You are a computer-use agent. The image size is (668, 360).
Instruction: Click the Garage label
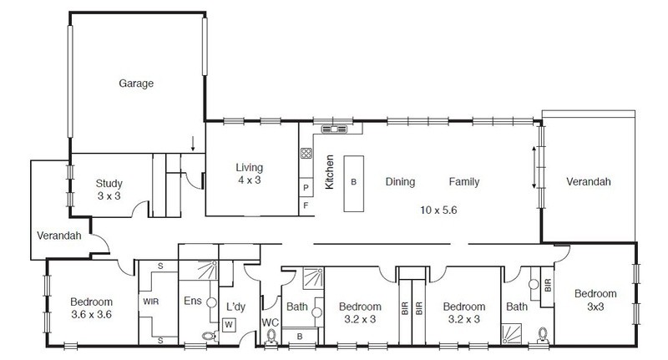pos(136,83)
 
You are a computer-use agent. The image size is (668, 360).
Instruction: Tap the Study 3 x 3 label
pos(109,190)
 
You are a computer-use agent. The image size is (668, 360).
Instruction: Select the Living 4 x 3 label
pos(249,174)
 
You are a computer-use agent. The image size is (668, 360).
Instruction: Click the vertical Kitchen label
pos(329,172)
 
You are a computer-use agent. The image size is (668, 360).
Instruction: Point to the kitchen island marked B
pos(353,184)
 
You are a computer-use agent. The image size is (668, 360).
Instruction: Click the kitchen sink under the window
pos(334,129)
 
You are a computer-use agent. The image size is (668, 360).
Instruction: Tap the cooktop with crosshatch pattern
pos(306,153)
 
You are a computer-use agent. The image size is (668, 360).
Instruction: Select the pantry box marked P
pos(306,187)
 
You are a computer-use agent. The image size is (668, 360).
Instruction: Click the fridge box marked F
pos(306,206)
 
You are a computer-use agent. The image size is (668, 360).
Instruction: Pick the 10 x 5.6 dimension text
pos(438,210)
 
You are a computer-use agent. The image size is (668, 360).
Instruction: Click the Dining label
pos(400,182)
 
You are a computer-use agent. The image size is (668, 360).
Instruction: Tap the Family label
pos(464,182)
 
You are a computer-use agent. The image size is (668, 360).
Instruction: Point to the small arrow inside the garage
pos(193,144)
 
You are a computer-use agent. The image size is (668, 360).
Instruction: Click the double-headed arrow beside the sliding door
pos(534,167)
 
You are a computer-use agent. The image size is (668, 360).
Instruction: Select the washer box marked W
pos(229,325)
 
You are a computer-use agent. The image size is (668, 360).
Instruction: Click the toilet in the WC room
pos(271,337)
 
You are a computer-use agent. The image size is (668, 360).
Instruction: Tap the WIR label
pos(151,302)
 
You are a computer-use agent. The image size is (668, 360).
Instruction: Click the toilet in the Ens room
pos(210,336)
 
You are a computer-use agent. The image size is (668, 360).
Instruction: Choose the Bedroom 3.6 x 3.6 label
pos(91,308)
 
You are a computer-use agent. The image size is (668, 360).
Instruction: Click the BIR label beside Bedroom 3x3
pos(548,285)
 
